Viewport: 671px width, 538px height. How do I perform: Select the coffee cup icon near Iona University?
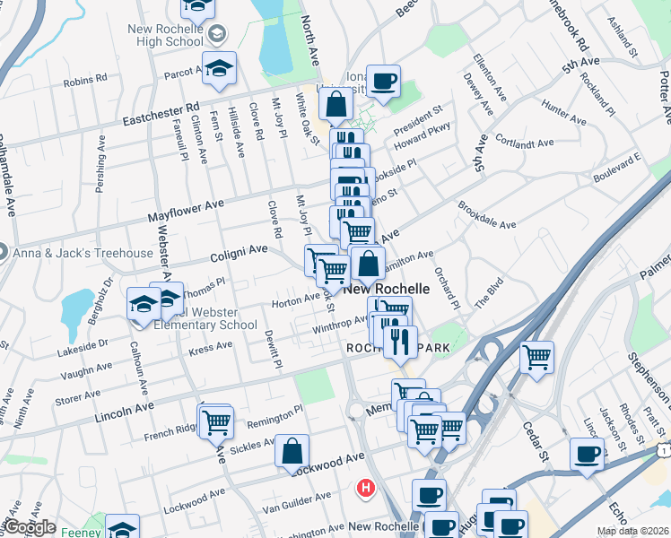(384, 82)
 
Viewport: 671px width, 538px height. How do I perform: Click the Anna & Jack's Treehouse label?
(83, 253)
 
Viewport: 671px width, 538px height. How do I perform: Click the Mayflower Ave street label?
(186, 212)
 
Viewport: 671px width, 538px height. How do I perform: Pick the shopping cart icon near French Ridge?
(216, 421)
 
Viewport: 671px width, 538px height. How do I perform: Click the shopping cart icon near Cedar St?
(536, 357)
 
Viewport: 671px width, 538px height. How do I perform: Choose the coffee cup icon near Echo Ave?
(588, 454)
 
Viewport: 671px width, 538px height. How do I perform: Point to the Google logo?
(29, 527)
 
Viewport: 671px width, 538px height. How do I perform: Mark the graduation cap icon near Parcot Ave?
(219, 70)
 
